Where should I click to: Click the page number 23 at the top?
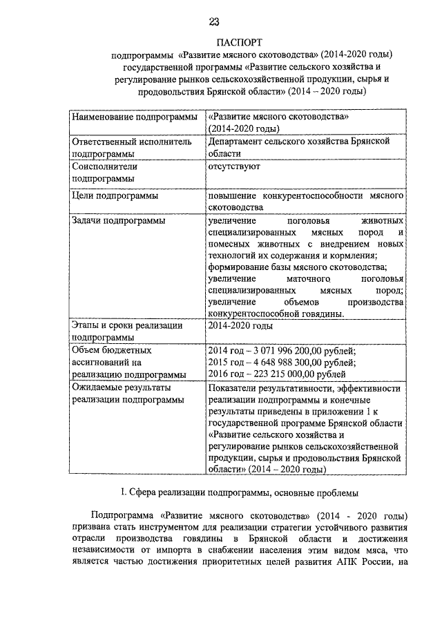(x=221, y=21)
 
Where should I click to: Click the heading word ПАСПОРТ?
(x=221, y=42)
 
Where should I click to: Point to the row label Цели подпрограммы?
(x=115, y=197)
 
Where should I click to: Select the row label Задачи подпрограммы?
(x=118, y=221)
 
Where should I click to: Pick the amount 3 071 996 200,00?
(x=285, y=351)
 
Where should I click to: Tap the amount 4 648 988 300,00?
(x=285, y=363)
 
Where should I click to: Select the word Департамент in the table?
(x=240, y=141)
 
